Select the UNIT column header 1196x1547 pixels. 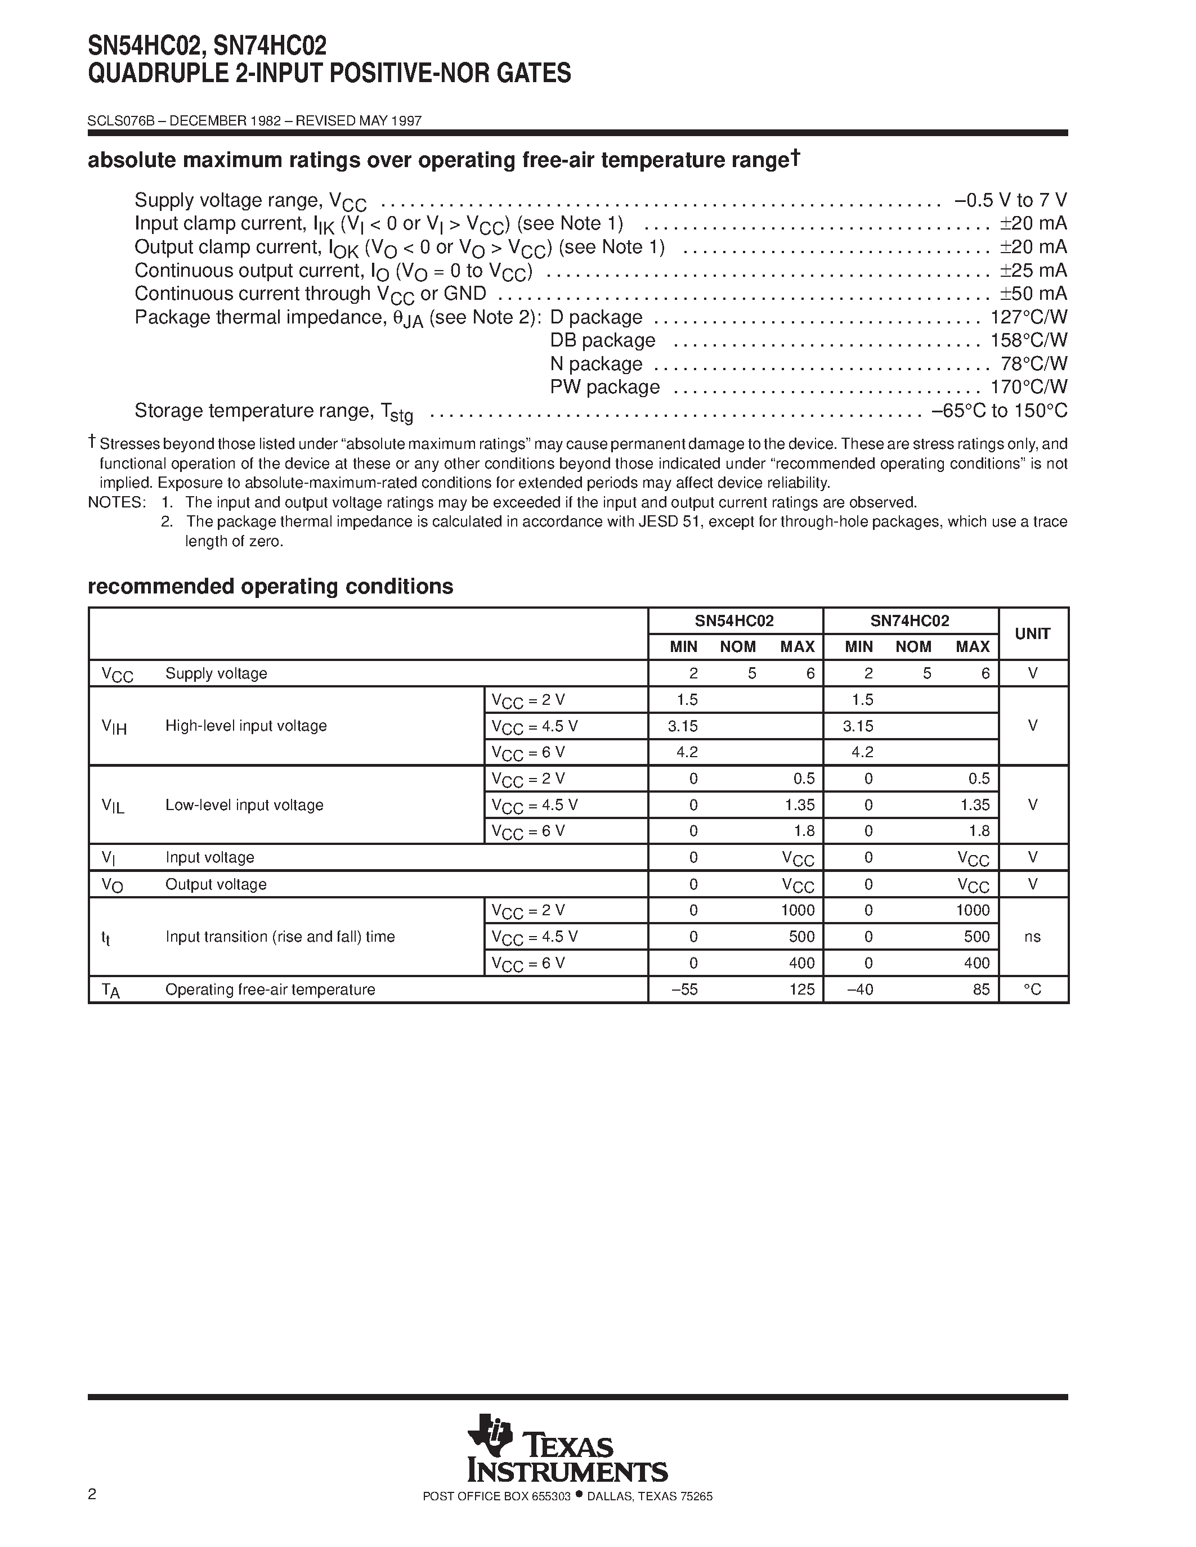click(1032, 634)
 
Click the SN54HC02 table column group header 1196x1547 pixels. click(734, 621)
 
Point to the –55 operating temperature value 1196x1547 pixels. click(684, 990)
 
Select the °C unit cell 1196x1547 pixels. click(1032, 990)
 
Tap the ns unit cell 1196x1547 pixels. click(1032, 937)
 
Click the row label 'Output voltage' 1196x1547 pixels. click(216, 884)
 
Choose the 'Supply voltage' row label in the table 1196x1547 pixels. click(216, 673)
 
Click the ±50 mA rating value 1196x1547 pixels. click(1032, 294)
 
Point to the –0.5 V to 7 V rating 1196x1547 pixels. click(1010, 200)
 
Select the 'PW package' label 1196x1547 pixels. click(604, 388)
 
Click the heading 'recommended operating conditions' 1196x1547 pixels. click(270, 587)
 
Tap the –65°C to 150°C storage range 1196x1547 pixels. click(999, 411)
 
